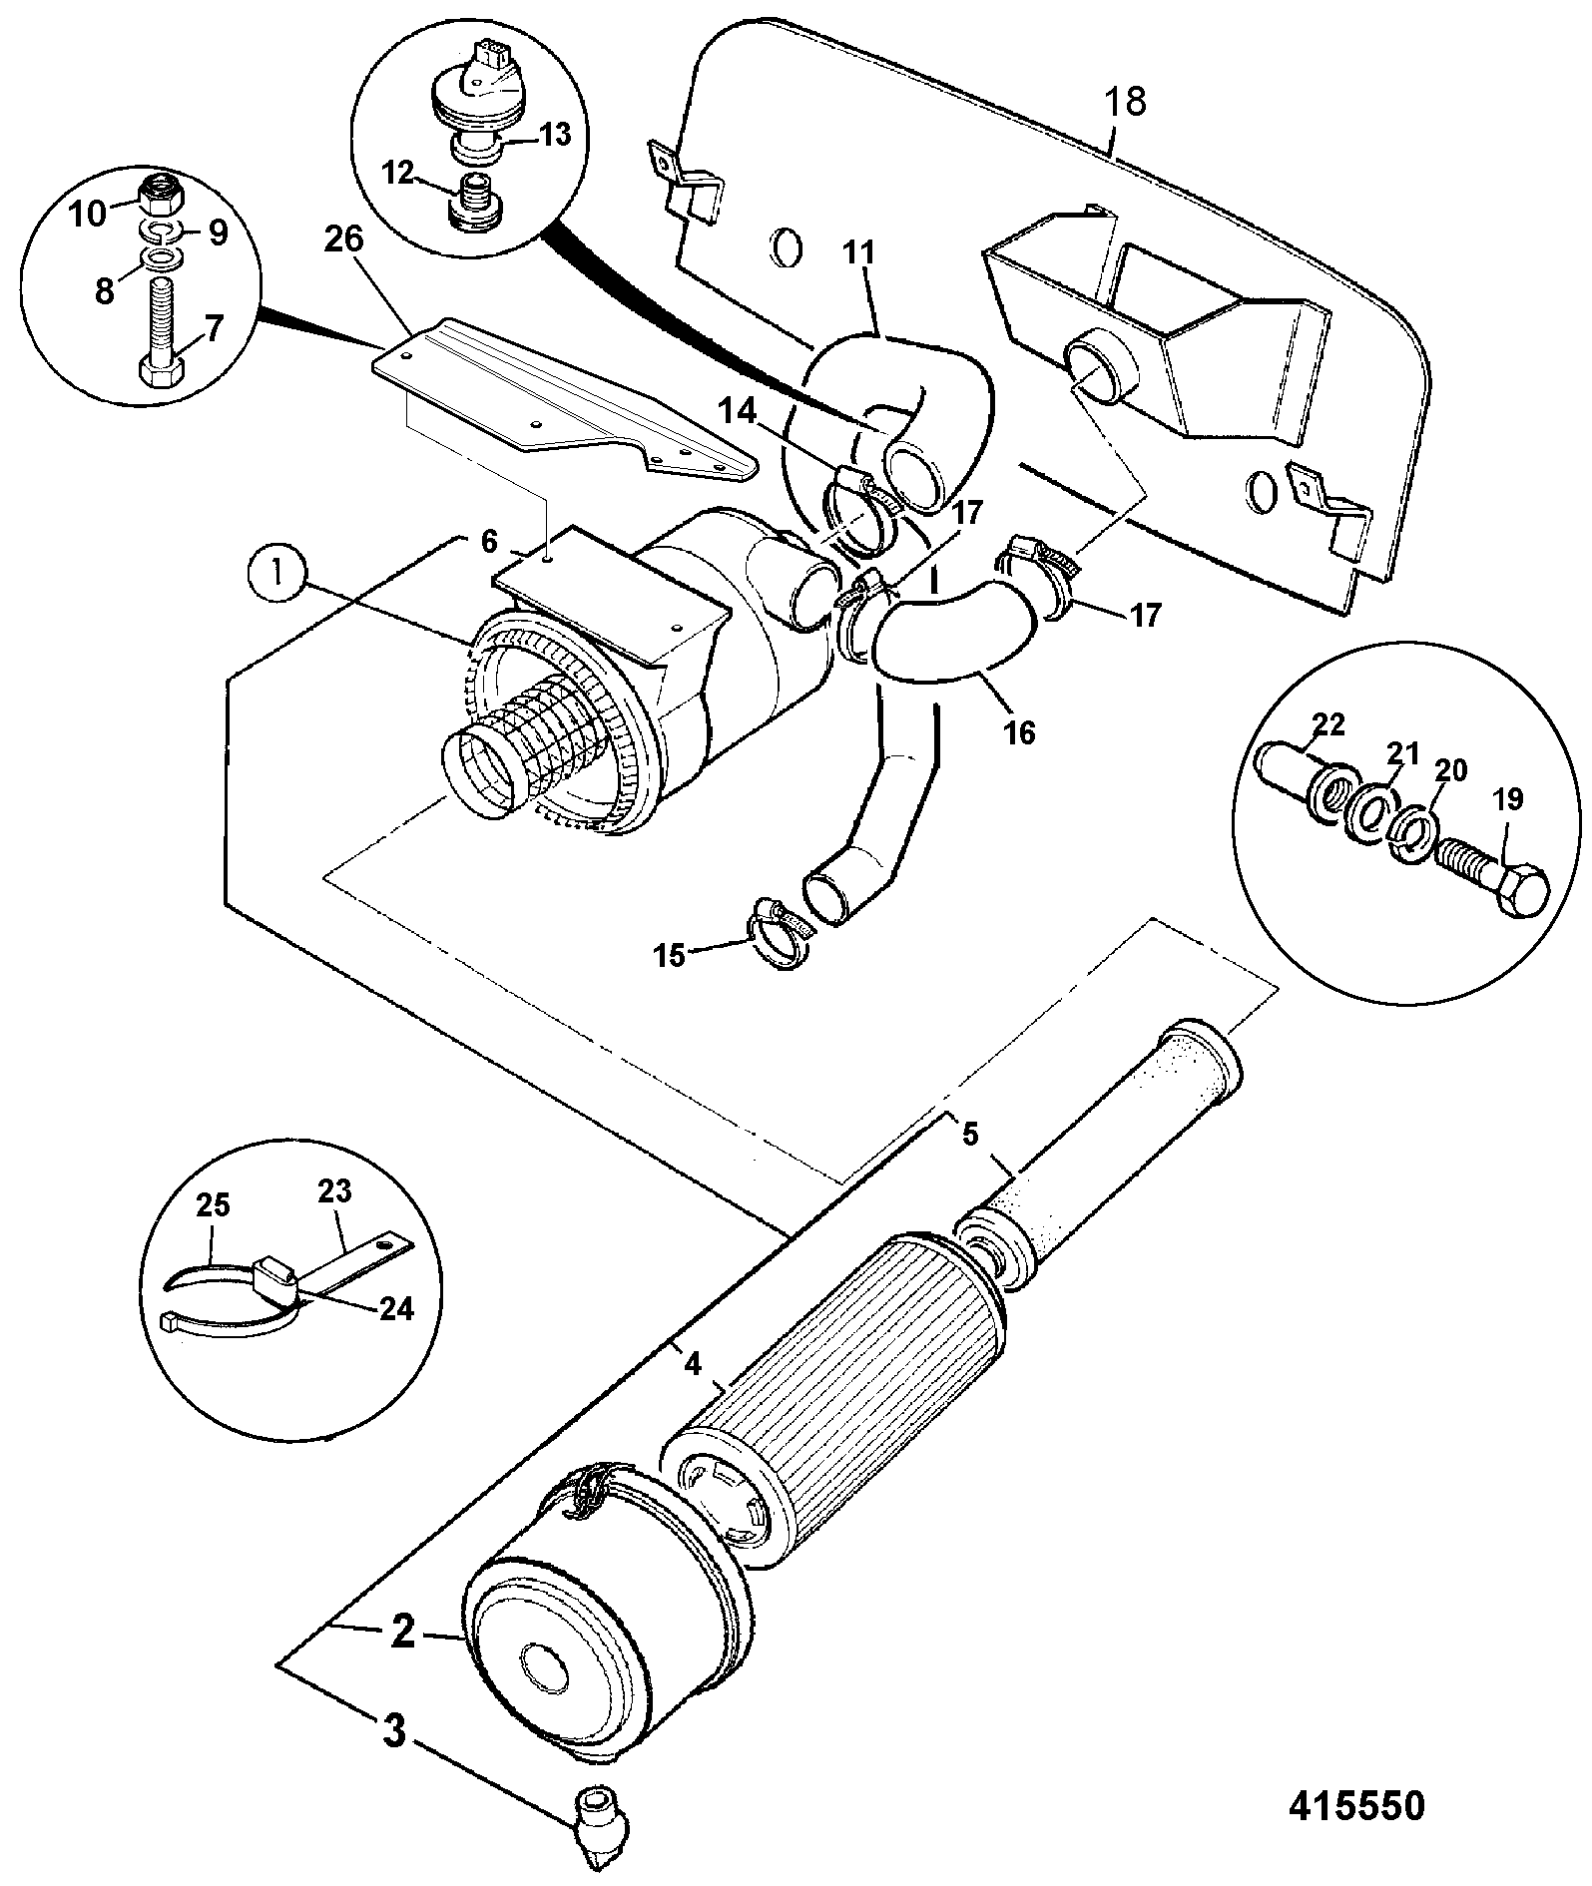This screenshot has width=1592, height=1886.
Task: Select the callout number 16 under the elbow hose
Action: click(1020, 732)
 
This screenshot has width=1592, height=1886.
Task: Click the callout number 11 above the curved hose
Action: click(857, 252)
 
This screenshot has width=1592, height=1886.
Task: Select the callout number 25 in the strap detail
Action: click(213, 1206)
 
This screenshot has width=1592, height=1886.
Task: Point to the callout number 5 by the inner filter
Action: click(971, 1135)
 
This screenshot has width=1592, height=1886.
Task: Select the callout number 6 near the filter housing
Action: click(488, 542)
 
